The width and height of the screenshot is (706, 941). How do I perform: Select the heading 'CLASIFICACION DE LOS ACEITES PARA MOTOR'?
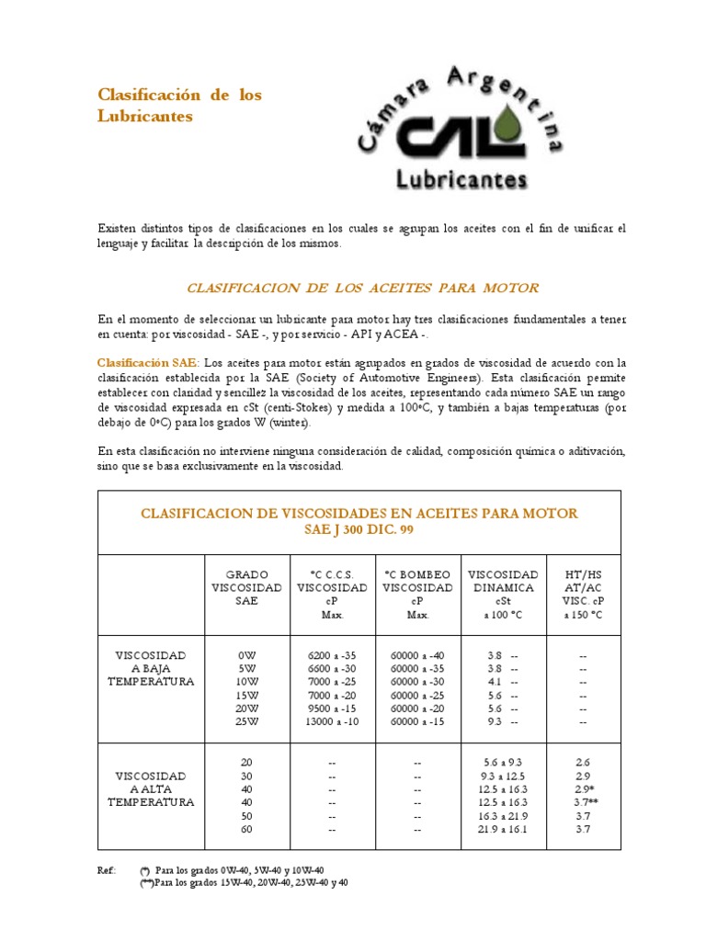tap(362, 288)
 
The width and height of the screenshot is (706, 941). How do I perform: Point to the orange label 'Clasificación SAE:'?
tap(147, 363)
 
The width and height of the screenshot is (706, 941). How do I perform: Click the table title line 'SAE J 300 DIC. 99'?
tap(359, 530)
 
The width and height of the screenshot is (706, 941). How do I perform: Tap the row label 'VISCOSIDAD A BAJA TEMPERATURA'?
tap(150, 668)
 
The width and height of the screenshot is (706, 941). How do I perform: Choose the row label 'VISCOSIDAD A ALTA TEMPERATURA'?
tap(150, 789)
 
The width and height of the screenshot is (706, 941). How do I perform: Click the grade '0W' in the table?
tap(246, 655)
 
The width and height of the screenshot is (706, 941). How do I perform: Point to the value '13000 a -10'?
tap(332, 723)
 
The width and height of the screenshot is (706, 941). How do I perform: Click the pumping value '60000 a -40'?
tap(417, 655)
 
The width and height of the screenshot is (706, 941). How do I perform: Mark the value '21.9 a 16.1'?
tap(502, 830)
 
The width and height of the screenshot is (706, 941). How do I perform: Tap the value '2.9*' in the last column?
tap(583, 789)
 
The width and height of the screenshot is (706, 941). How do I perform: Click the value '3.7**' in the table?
tap(583, 803)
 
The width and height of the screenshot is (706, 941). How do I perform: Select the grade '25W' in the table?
tap(246, 723)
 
